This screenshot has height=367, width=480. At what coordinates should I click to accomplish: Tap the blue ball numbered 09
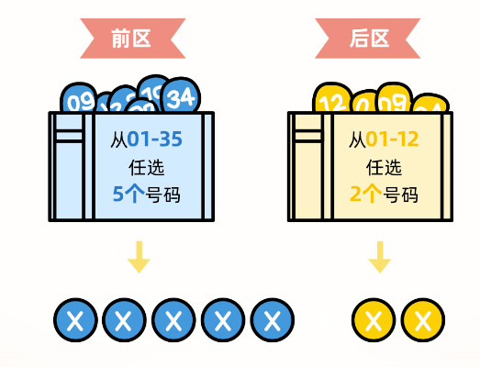tap(80, 99)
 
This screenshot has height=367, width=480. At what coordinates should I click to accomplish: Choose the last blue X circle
tap(272, 320)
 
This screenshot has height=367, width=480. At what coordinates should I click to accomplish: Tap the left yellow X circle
tap(374, 320)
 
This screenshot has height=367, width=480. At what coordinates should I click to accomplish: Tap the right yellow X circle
tap(422, 320)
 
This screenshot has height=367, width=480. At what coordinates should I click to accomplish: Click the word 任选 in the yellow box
tap(384, 168)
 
